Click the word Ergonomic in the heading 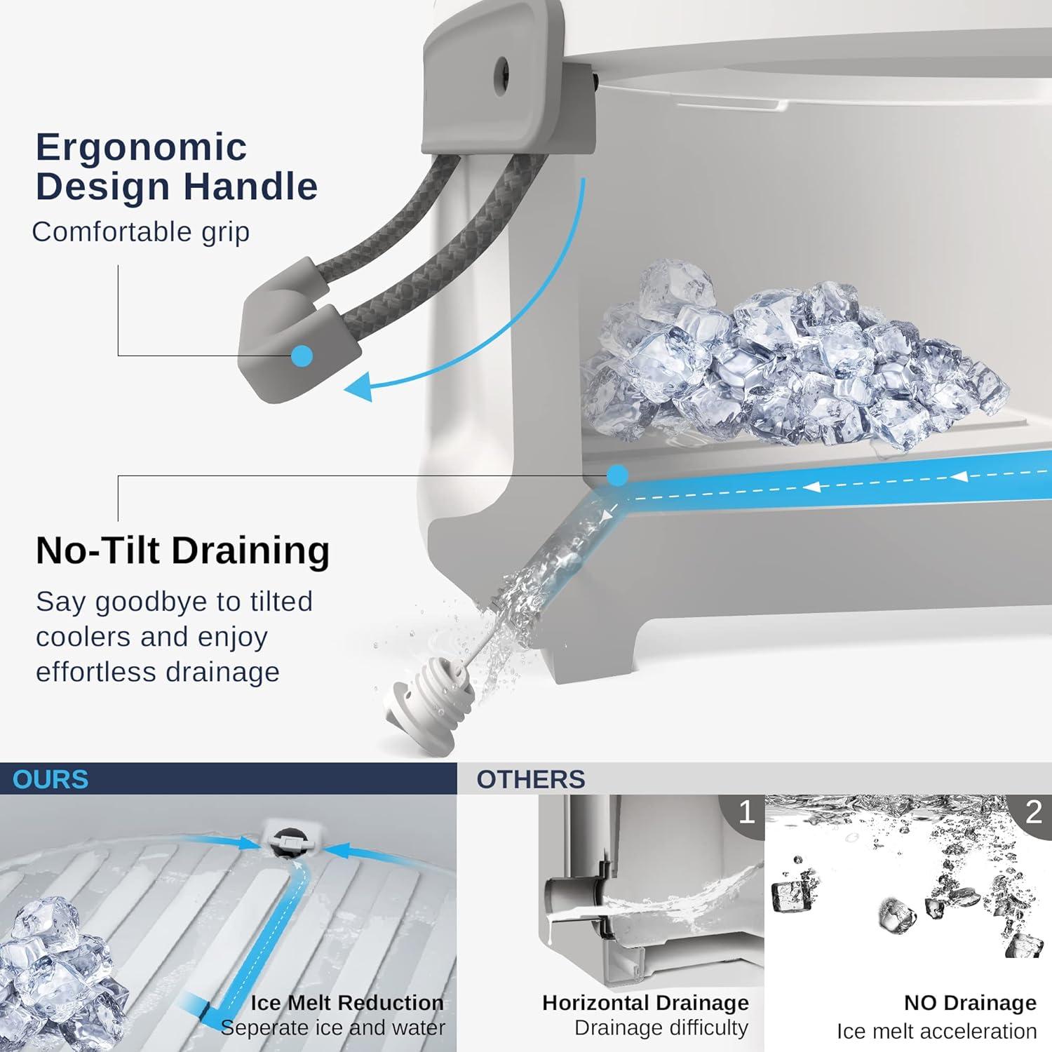[141, 148]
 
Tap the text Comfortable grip [140, 232]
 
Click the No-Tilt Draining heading [182, 550]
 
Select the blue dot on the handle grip [302, 356]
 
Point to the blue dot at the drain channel [617, 476]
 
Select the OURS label [50, 779]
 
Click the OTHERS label [531, 779]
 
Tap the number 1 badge [746, 812]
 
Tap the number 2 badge [1033, 812]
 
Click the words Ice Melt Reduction [347, 1002]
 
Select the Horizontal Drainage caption [645, 1003]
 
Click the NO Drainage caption [970, 1003]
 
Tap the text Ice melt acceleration [936, 1031]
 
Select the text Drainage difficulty [661, 1027]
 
